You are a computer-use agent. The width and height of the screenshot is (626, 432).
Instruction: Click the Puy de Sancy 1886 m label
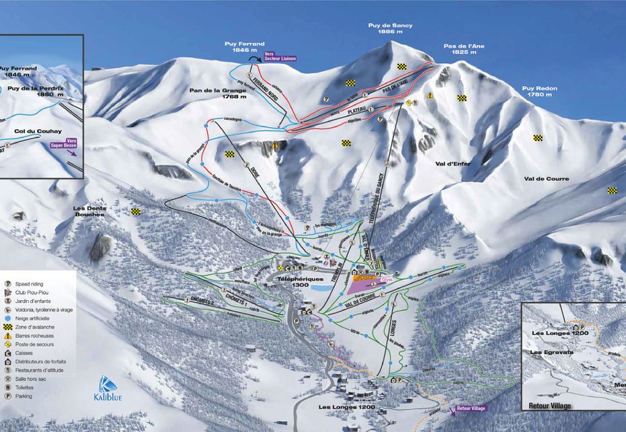(390, 28)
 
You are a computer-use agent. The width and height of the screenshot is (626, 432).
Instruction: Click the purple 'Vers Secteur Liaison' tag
(279, 56)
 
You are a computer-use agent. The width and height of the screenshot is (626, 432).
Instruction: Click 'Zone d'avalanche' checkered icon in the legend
(8, 326)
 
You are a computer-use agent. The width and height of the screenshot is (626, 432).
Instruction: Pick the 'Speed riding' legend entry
(30, 284)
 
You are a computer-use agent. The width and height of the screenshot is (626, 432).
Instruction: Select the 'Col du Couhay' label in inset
(34, 132)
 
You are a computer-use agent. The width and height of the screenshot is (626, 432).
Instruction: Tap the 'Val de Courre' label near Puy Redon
(546, 179)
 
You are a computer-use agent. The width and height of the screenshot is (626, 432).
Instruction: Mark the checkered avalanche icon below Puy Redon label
(538, 138)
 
